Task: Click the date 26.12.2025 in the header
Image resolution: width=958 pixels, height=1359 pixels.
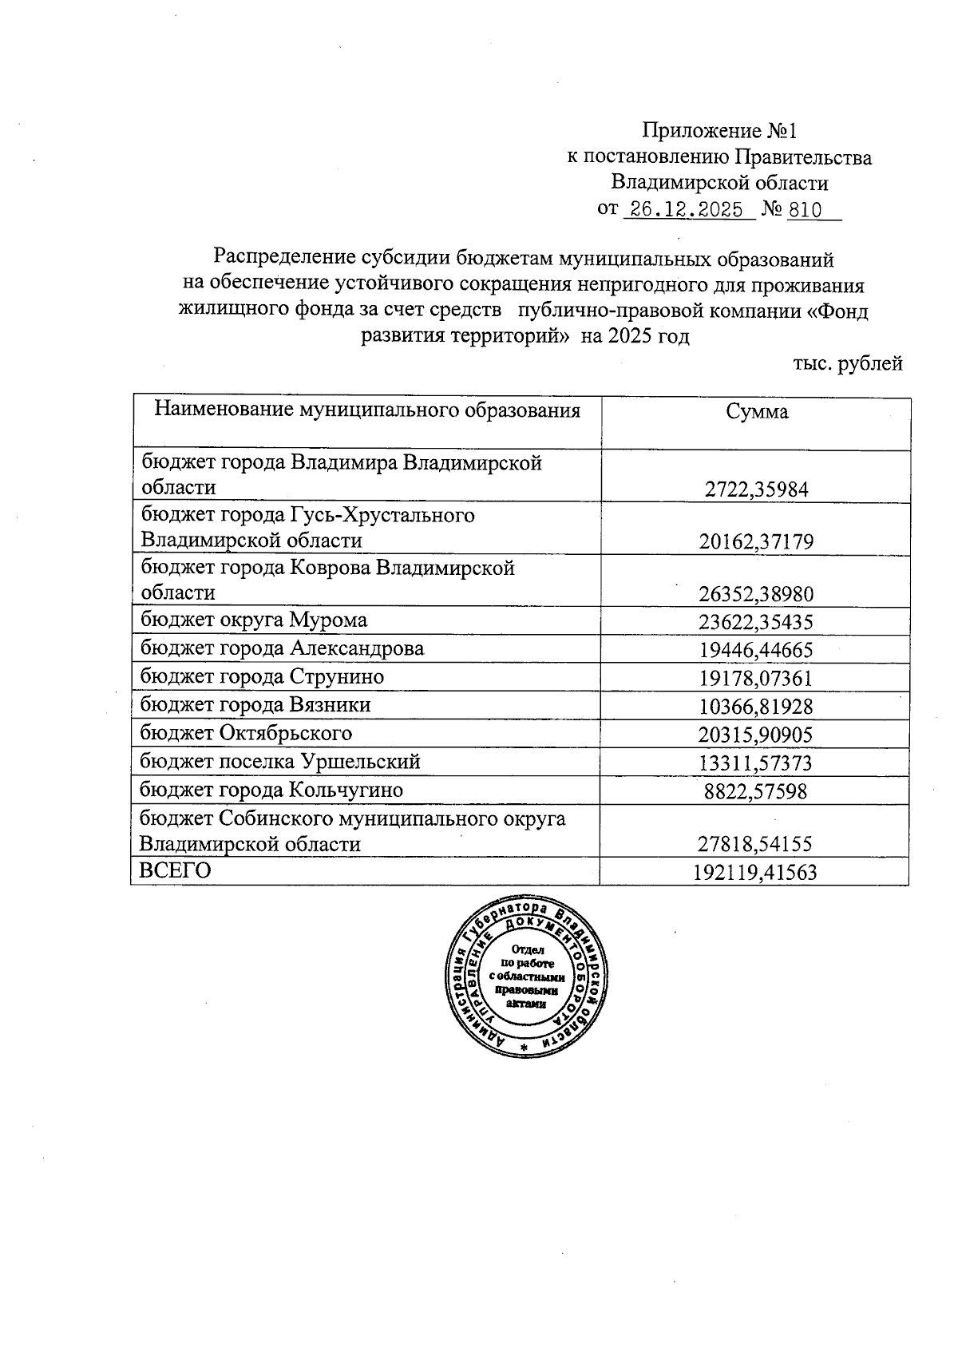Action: coord(688,210)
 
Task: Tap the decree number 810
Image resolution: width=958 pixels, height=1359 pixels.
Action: coord(805,210)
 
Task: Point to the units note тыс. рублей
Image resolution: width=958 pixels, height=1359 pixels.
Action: coord(848,364)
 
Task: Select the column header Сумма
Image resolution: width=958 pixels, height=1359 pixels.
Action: coord(756,412)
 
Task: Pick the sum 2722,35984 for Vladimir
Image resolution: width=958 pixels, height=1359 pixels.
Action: coord(756,489)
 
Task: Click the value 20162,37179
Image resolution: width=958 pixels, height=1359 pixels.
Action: coord(756,542)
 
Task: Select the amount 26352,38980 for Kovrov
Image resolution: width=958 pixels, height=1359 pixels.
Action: coord(756,594)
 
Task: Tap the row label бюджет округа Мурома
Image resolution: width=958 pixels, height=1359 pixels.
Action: coord(254,620)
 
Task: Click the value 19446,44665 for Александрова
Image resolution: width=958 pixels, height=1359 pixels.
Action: coord(756,650)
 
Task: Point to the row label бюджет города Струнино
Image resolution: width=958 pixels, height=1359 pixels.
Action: coord(262,677)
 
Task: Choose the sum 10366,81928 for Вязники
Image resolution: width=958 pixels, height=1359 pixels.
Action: coord(756,707)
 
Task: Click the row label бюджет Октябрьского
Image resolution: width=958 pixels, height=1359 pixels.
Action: coord(246,733)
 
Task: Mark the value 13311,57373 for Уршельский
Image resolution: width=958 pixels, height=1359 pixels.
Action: coord(756,763)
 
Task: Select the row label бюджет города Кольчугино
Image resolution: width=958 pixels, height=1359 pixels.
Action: coord(271,790)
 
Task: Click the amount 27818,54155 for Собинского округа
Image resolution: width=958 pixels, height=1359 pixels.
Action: coord(756,845)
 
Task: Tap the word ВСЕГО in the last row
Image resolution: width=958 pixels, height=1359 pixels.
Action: coord(175,871)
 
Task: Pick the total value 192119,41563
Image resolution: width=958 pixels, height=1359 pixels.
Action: coord(756,873)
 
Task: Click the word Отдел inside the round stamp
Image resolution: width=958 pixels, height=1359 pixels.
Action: coord(528,950)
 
